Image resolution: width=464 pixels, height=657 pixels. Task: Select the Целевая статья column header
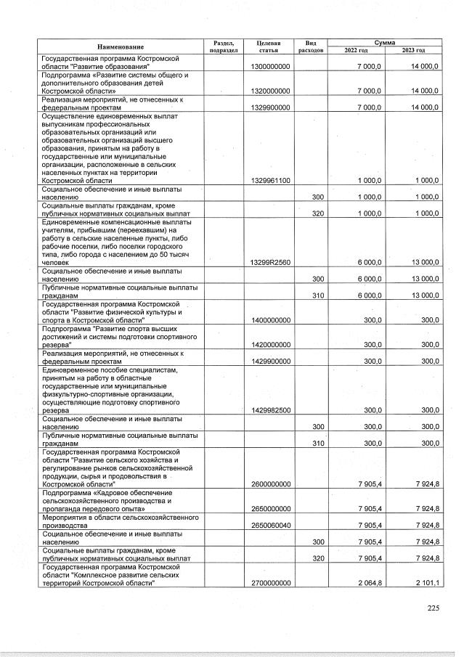[269, 46]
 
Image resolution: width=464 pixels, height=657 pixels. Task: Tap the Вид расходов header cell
[310, 46]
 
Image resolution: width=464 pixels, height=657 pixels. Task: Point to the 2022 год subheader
[356, 50]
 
